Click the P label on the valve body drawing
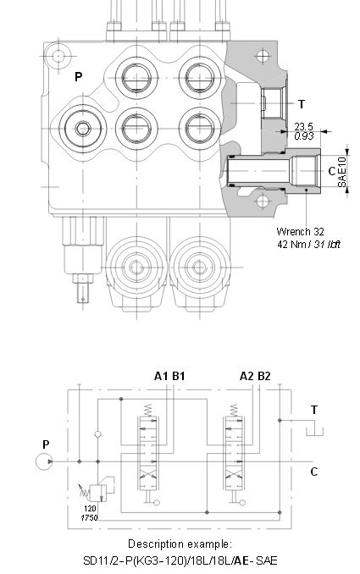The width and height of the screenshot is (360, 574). click(79, 76)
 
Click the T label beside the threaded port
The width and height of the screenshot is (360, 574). click(302, 104)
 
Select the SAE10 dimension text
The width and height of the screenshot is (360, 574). click(341, 172)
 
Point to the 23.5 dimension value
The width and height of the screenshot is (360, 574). click(303, 127)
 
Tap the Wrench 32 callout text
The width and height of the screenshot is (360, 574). click(300, 231)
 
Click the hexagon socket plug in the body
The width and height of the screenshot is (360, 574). click(83, 129)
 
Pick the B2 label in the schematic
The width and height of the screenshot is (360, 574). click(264, 376)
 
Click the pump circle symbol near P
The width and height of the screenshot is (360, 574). click(44, 461)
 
